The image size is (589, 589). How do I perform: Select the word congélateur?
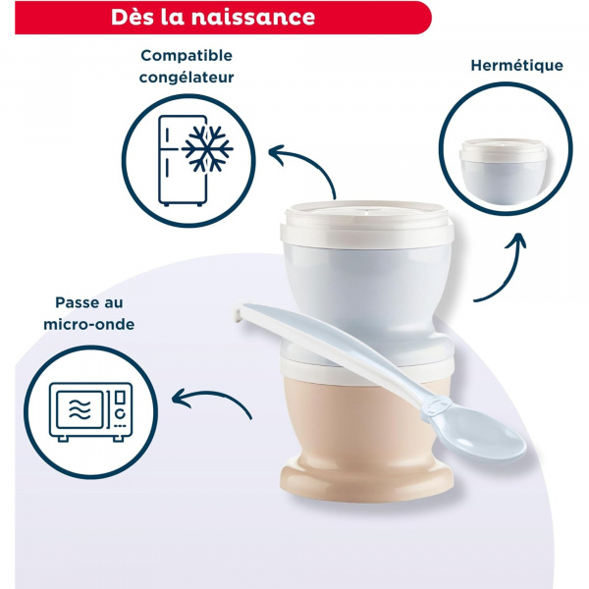pos(187,76)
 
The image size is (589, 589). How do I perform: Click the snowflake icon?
pos(208,148)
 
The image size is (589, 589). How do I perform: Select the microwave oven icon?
pos(90,408)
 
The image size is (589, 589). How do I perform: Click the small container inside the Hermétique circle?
pos(503,161)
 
